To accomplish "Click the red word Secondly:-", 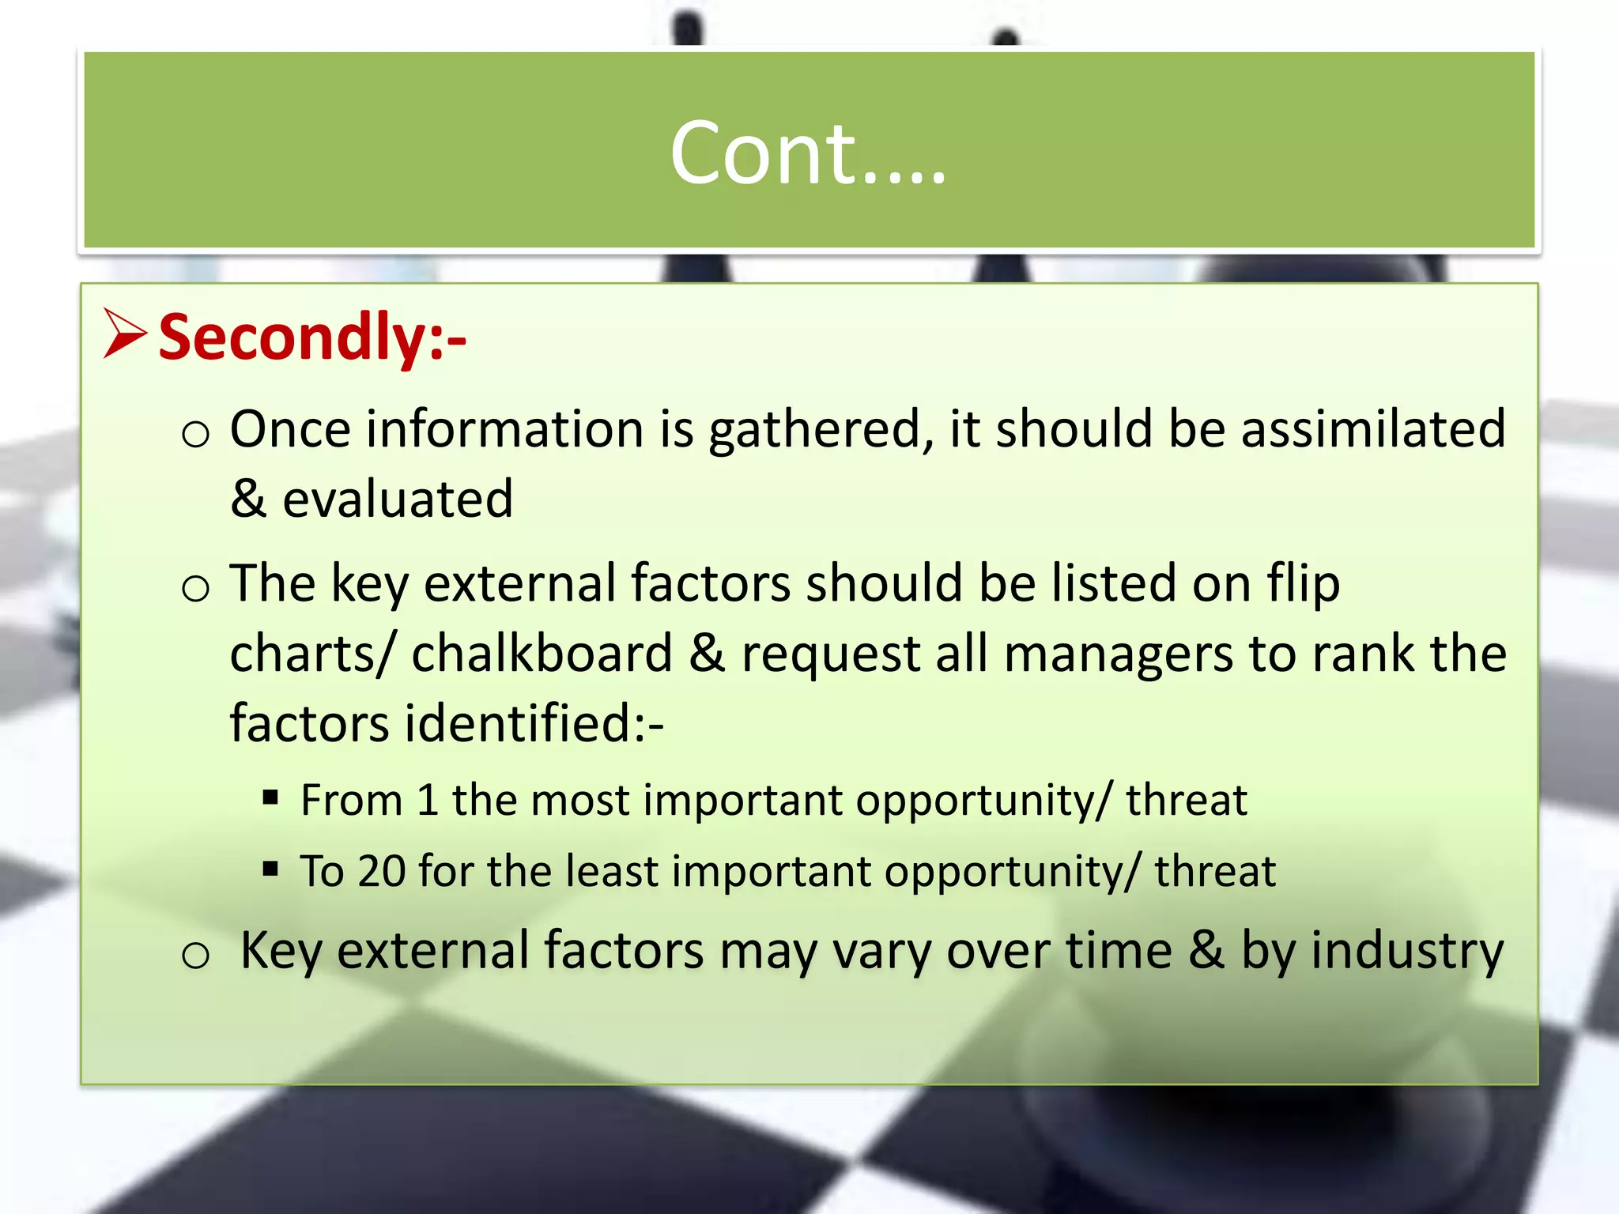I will click(312, 337).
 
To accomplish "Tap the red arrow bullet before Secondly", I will click(125, 335).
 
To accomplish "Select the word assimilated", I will click(1372, 429).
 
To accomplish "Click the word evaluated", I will click(398, 500).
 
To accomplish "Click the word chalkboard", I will click(542, 654).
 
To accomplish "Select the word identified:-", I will click(534, 723).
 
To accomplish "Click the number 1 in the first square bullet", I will click(428, 800).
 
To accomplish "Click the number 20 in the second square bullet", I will click(381, 871).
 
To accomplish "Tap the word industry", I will click(1406, 951).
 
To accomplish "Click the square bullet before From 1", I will click(271, 797).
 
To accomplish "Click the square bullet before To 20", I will click(271, 869).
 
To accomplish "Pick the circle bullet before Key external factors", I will click(195, 956).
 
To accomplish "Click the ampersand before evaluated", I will click(248, 500).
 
